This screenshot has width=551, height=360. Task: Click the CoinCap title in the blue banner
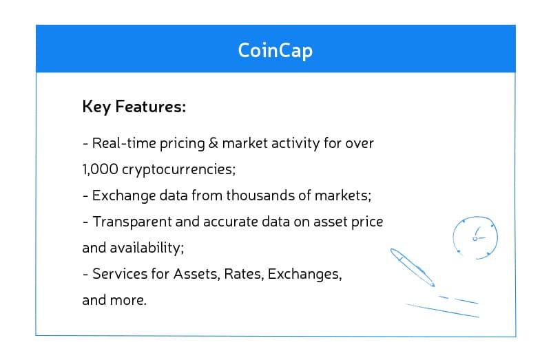tap(275, 50)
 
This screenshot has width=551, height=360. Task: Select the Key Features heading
tap(134, 107)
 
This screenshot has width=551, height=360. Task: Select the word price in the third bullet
tap(367, 222)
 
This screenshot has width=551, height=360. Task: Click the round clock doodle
tap(475, 238)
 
